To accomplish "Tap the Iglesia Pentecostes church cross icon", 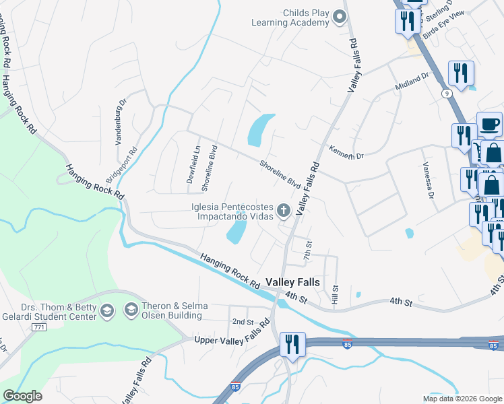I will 284,211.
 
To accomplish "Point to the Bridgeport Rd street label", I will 121,166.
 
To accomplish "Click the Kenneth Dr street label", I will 346,152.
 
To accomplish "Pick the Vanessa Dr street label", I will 427,181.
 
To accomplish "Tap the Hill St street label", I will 334,292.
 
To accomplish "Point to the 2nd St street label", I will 242,321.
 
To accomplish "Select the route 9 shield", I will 447,93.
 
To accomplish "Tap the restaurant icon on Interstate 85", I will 292,344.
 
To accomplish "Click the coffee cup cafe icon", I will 489,124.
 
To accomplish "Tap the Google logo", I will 22,396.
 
